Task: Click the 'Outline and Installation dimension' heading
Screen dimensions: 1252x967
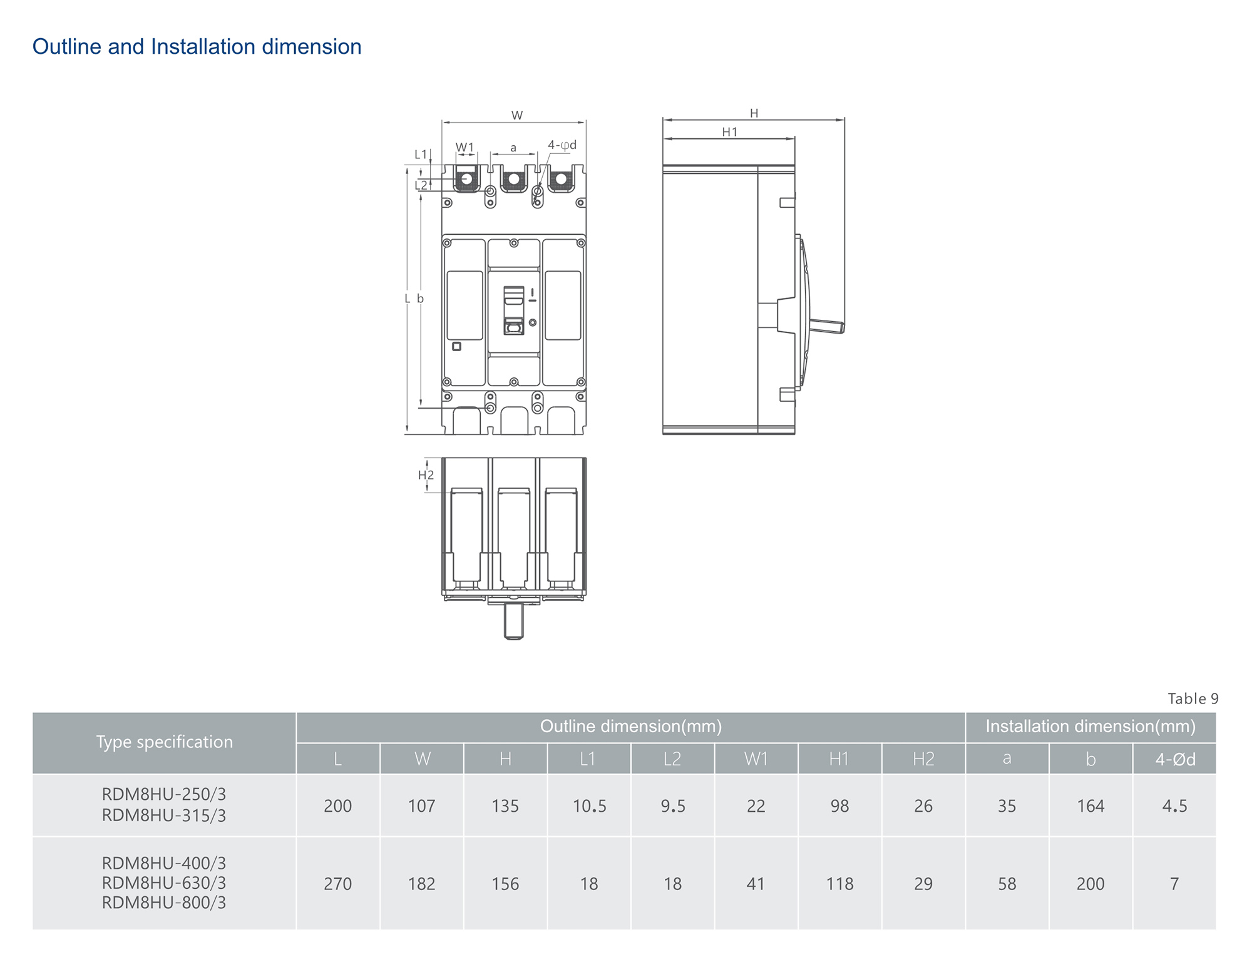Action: click(x=197, y=47)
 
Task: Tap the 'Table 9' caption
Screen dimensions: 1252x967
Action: click(x=1193, y=698)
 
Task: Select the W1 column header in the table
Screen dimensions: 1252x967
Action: click(x=756, y=759)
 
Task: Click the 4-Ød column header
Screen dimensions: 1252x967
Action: click(x=1175, y=759)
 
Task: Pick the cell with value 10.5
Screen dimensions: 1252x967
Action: click(x=589, y=806)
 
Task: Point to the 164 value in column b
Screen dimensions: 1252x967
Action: click(x=1090, y=806)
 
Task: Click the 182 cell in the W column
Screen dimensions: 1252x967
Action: click(x=421, y=884)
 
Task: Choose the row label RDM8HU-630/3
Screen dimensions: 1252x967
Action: click(x=164, y=883)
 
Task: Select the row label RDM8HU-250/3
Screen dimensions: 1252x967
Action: click(x=164, y=794)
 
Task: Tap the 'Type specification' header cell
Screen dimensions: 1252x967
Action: click(x=164, y=742)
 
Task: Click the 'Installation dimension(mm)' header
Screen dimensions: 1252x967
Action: click(x=1090, y=727)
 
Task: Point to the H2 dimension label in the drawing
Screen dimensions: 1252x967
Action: click(x=426, y=475)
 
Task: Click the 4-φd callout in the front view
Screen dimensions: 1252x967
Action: click(x=562, y=145)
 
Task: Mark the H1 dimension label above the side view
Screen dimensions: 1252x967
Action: click(x=730, y=132)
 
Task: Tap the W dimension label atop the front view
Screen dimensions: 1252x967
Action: click(x=517, y=115)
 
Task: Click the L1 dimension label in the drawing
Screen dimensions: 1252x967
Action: click(x=421, y=154)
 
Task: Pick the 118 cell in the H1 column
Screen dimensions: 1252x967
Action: click(x=839, y=884)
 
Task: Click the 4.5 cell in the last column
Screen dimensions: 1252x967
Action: click(x=1174, y=806)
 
